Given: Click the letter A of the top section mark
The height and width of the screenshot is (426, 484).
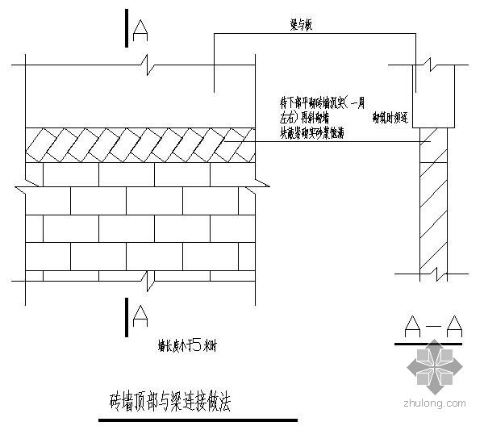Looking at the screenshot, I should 140,30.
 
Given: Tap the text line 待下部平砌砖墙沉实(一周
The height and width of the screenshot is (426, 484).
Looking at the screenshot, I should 322,103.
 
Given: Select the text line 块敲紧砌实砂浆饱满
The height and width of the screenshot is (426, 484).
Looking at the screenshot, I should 313,132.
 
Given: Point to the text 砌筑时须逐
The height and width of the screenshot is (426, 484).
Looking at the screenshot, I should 390,118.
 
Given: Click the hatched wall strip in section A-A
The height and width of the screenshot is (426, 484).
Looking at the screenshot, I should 432,210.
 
